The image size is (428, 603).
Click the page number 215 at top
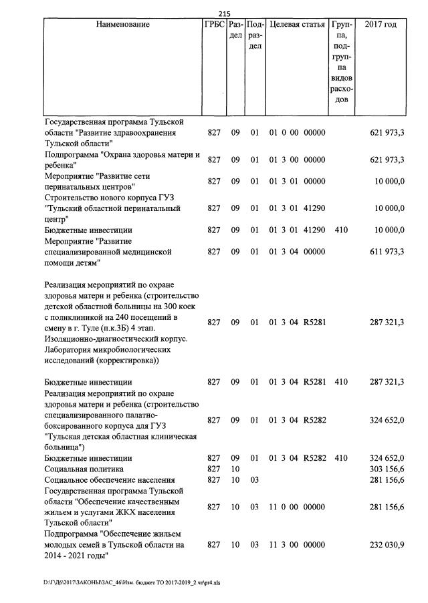(x=225, y=13)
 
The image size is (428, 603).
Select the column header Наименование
(x=122, y=25)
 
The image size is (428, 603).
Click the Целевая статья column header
(x=297, y=25)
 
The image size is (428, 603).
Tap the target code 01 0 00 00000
(x=297, y=133)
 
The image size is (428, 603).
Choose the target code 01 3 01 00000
(x=297, y=182)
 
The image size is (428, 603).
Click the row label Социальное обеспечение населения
(x=109, y=480)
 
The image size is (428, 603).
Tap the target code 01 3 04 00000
(x=297, y=252)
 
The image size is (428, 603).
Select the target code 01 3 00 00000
(x=297, y=160)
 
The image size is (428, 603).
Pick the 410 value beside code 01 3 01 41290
(x=341, y=230)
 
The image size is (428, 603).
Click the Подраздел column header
(x=255, y=35)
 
